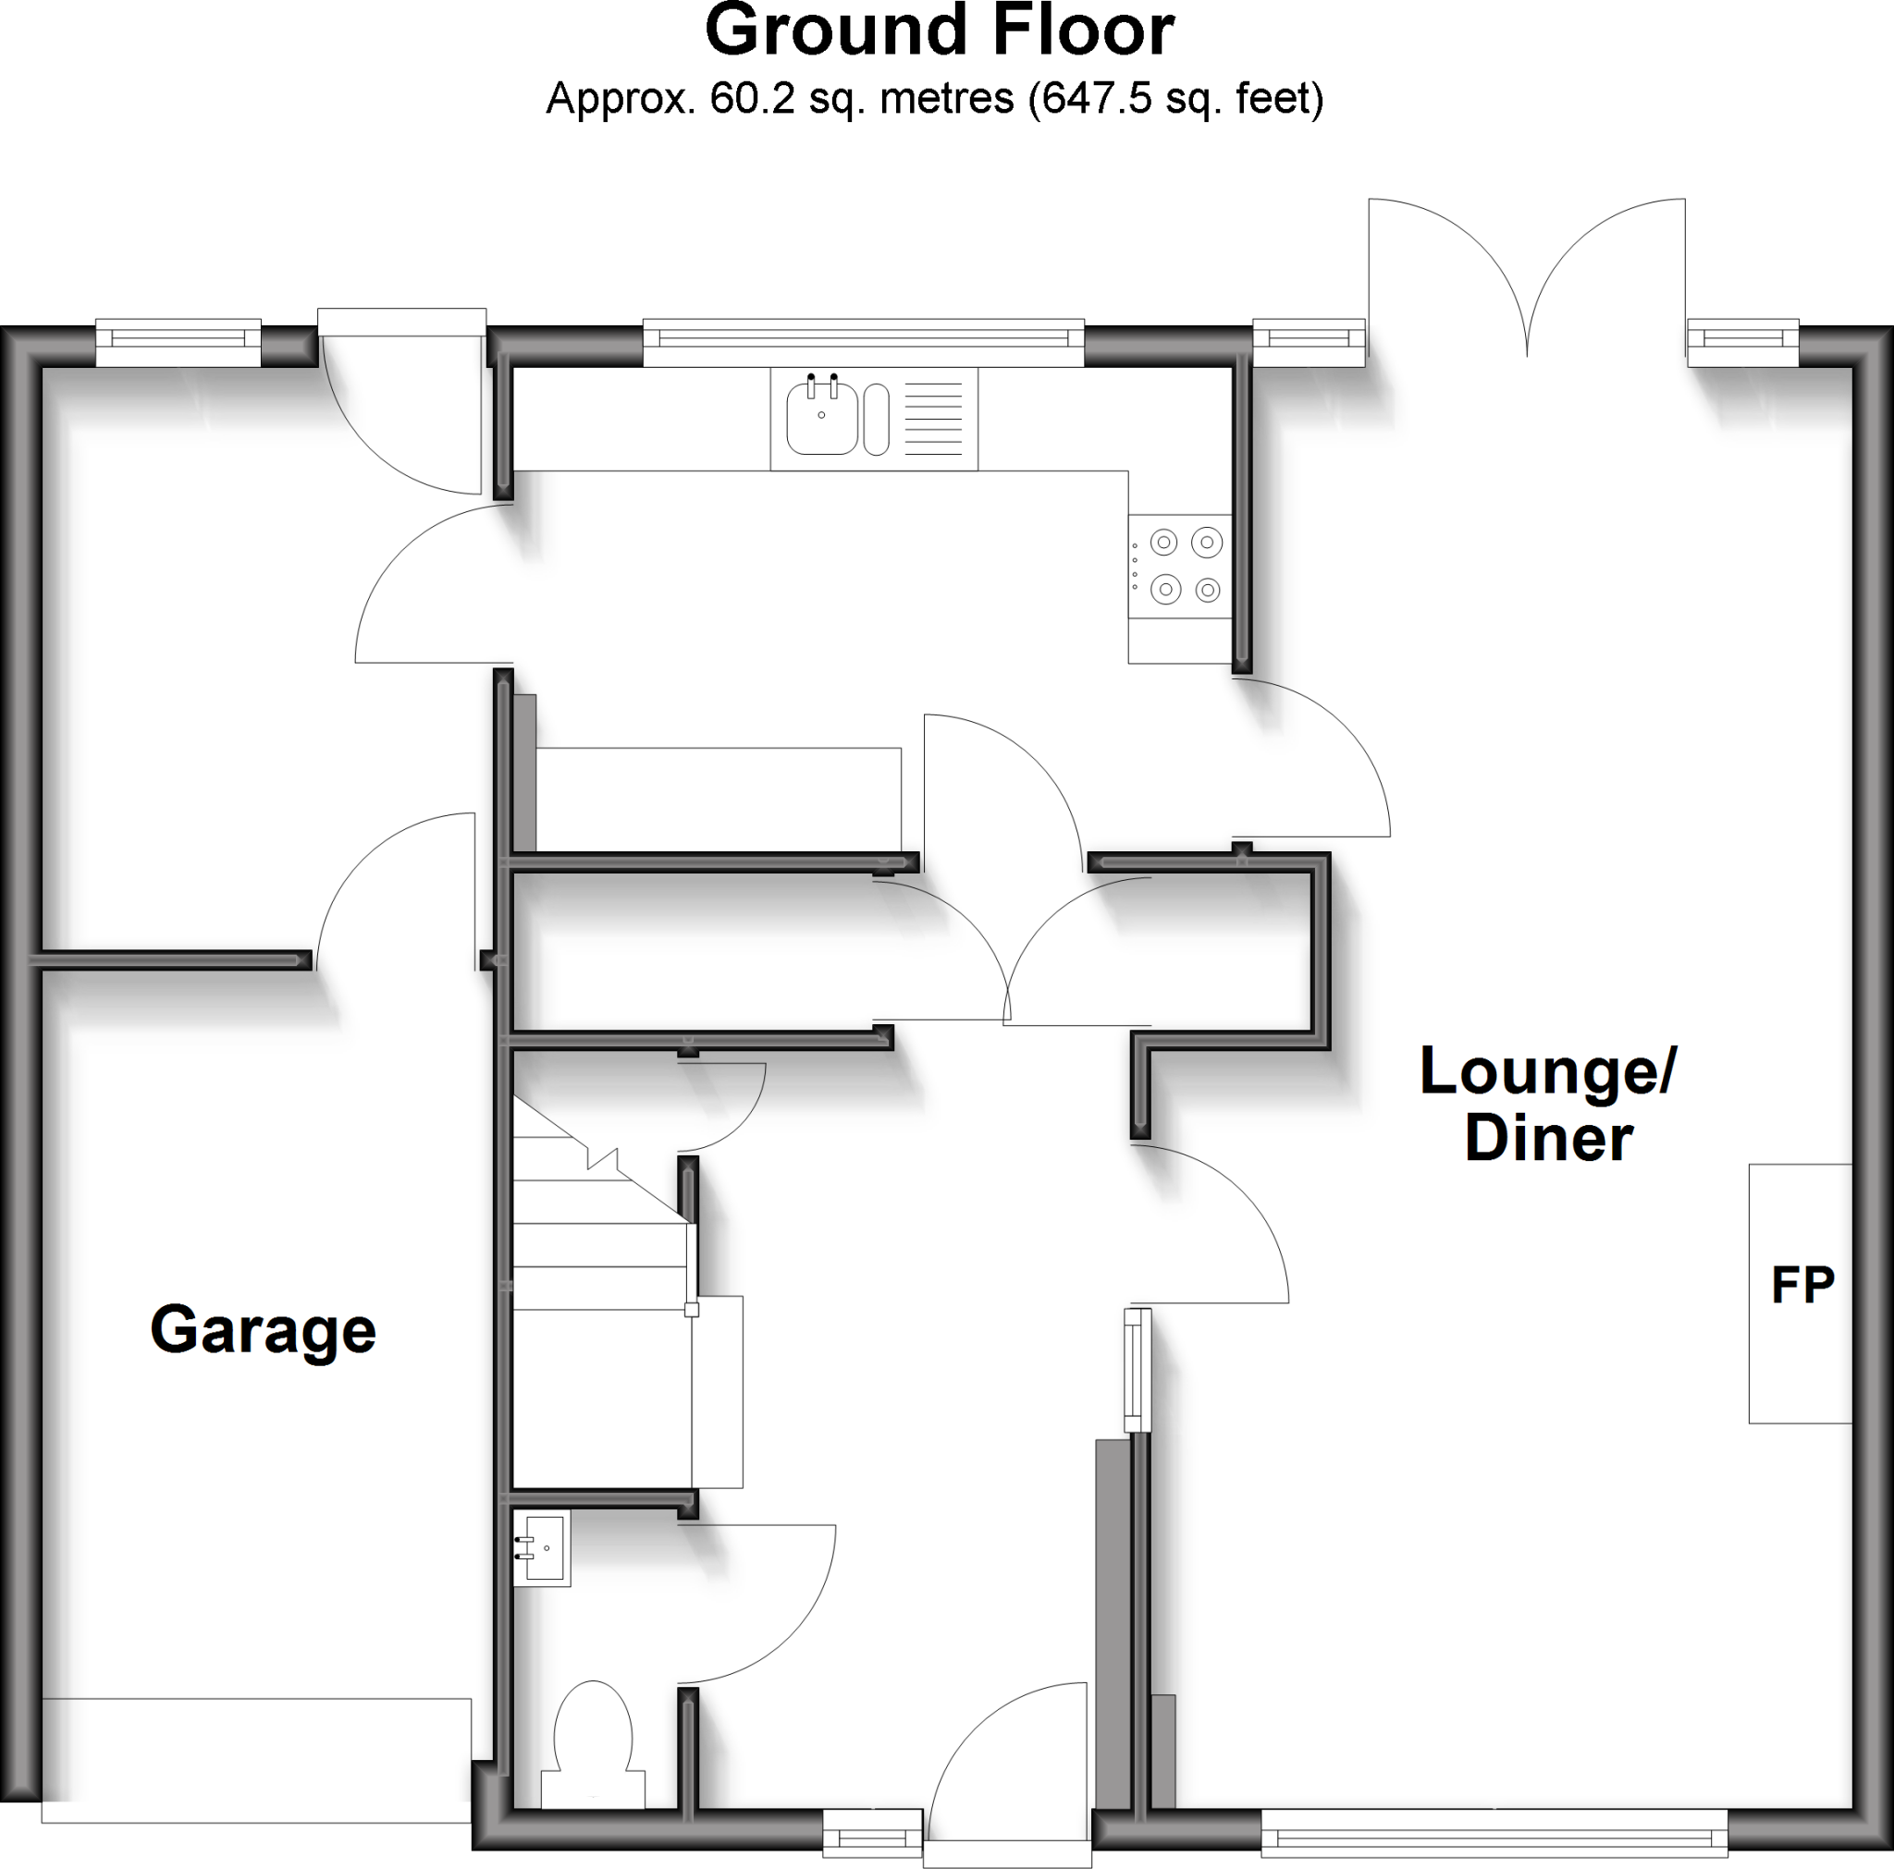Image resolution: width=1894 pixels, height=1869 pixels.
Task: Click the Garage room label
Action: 263,1331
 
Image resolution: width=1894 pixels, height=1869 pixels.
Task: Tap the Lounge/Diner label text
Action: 1549,1105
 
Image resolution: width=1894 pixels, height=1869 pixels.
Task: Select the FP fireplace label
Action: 1802,1285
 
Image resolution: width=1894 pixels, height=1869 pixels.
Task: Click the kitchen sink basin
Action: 821,419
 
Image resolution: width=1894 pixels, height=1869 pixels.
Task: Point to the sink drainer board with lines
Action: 932,419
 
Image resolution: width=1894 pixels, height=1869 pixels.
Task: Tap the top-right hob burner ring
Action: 1207,542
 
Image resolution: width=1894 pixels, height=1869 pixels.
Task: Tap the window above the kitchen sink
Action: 863,339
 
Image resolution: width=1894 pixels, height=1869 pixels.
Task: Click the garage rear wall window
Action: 178,339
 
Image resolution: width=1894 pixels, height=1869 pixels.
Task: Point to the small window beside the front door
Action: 872,1832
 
